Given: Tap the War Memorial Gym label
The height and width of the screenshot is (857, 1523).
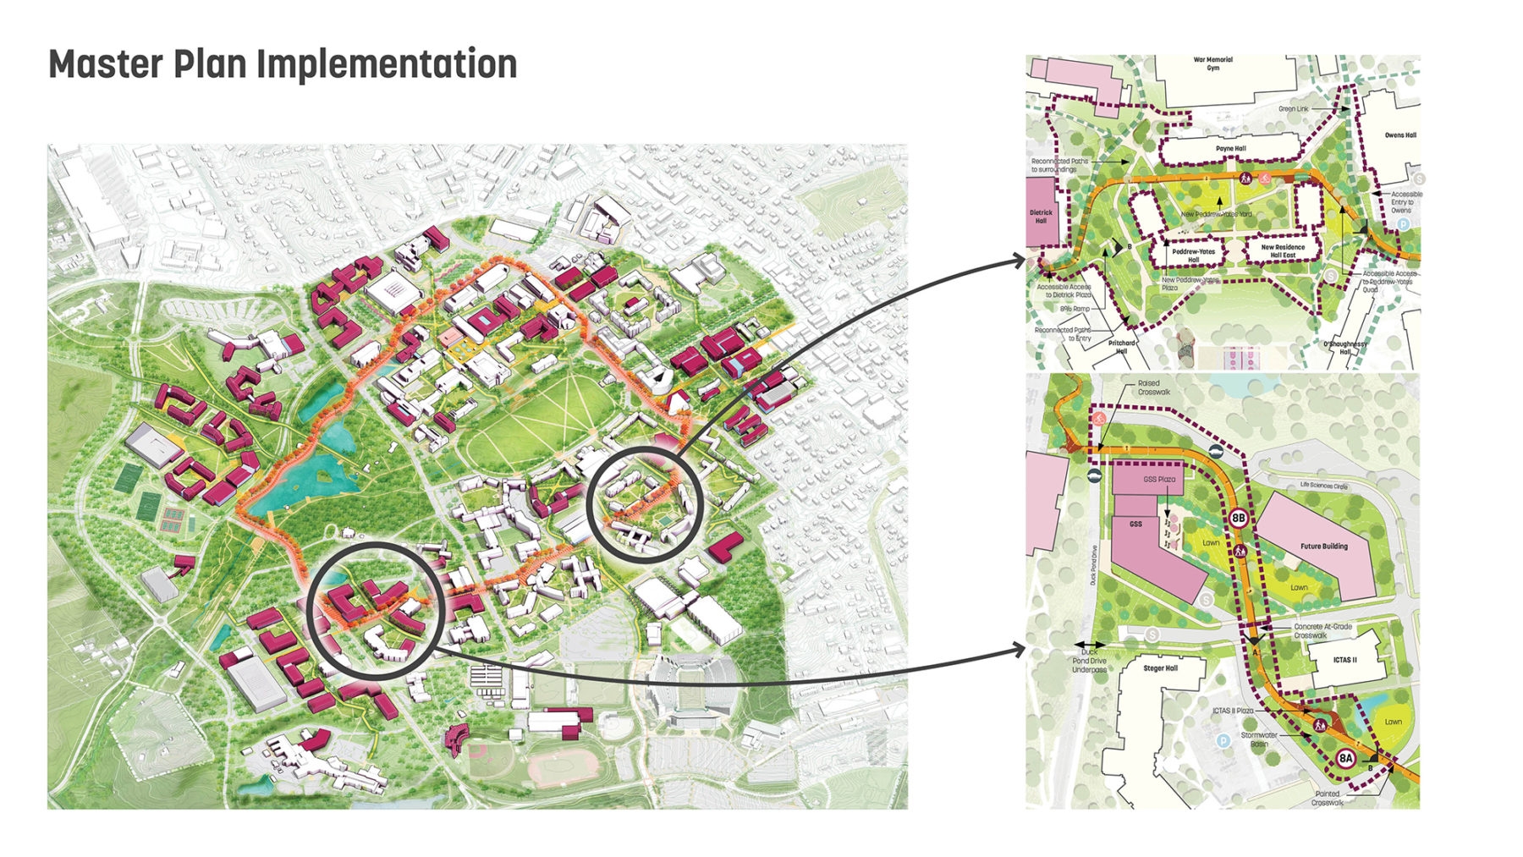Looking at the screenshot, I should pos(1212,63).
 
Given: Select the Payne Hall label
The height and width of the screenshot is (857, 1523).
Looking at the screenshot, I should pos(1230,149).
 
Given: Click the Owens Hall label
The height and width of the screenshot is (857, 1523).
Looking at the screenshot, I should pos(1399,135).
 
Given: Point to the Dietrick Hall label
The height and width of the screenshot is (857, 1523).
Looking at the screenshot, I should pos(1041,217).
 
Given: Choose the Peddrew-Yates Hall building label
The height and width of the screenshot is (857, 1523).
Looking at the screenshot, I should pos(1193,255).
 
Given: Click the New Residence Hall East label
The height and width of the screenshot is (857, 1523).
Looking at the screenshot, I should pos(1283,251).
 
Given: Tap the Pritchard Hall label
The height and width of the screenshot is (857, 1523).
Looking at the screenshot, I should pos(1121,347).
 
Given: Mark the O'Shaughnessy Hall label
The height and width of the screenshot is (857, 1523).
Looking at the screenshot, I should pos(1344,348).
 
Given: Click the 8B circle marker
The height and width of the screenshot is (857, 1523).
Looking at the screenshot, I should pos(1239,519).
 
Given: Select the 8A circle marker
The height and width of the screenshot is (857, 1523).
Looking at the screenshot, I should pos(1345,759).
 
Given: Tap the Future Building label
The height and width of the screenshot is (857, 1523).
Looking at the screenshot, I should pos(1323,547).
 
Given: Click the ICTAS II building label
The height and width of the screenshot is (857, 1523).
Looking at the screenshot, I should pos(1344,660).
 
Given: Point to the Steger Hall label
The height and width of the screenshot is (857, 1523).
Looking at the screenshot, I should pos(1160,668).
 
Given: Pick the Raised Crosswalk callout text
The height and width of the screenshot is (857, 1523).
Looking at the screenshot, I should pos(1153,387).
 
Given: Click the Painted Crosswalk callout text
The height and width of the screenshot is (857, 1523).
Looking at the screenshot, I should pos(1327,798).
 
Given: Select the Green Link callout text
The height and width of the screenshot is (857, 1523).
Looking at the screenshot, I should pos(1293,109).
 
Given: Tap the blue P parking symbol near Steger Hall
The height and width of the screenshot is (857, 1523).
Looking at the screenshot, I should pos(1223,741).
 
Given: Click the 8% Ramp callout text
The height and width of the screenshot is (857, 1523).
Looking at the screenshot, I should pos(1075,309).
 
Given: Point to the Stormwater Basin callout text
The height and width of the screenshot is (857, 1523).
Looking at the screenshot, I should pos(1259,739).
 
